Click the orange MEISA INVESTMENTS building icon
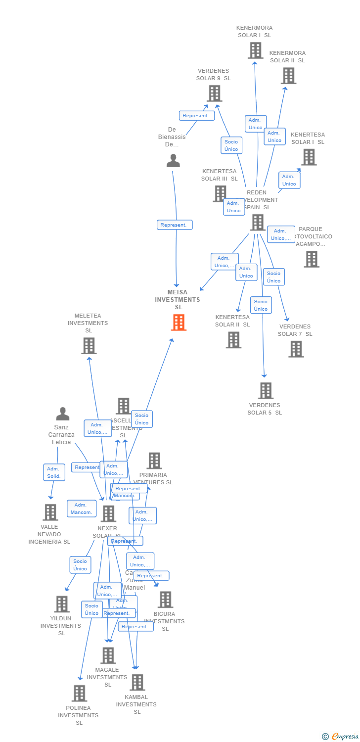(x=179, y=323)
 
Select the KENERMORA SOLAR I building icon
(x=255, y=50)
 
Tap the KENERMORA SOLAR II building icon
(x=288, y=76)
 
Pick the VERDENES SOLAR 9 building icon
(x=214, y=93)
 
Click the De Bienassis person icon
(x=173, y=161)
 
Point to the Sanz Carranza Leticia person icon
(x=62, y=414)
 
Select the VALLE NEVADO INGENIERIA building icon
(x=50, y=512)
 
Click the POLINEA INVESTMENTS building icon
(x=79, y=694)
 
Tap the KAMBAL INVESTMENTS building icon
(x=137, y=683)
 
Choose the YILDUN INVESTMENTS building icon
(x=61, y=604)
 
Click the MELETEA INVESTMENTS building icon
(x=89, y=346)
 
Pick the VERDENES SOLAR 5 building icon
(x=266, y=391)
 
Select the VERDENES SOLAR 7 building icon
(x=296, y=349)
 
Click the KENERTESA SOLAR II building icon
(x=233, y=340)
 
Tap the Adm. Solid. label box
(x=54, y=472)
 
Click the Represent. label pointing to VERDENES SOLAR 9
(x=197, y=116)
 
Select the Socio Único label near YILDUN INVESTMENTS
(x=80, y=565)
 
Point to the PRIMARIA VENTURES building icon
(x=154, y=461)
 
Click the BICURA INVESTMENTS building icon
(x=165, y=600)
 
